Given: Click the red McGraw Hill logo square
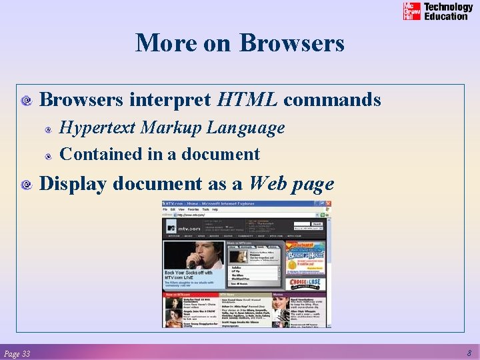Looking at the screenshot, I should (x=412, y=11).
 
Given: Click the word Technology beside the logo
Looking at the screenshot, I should (x=449, y=7).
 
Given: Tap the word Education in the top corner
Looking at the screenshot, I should (x=446, y=16).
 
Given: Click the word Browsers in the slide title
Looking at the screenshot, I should (x=292, y=43).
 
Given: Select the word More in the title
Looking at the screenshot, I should (x=162, y=43).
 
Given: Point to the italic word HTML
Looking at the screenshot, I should (x=247, y=100).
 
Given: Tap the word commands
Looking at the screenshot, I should (x=332, y=100).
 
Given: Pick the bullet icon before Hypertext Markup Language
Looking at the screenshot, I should (x=49, y=129).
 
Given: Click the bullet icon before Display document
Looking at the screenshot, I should (x=27, y=185).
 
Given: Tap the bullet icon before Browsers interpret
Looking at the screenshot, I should (x=27, y=101).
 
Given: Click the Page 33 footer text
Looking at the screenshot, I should (x=17, y=353).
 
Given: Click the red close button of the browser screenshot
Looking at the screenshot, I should (x=329, y=205).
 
